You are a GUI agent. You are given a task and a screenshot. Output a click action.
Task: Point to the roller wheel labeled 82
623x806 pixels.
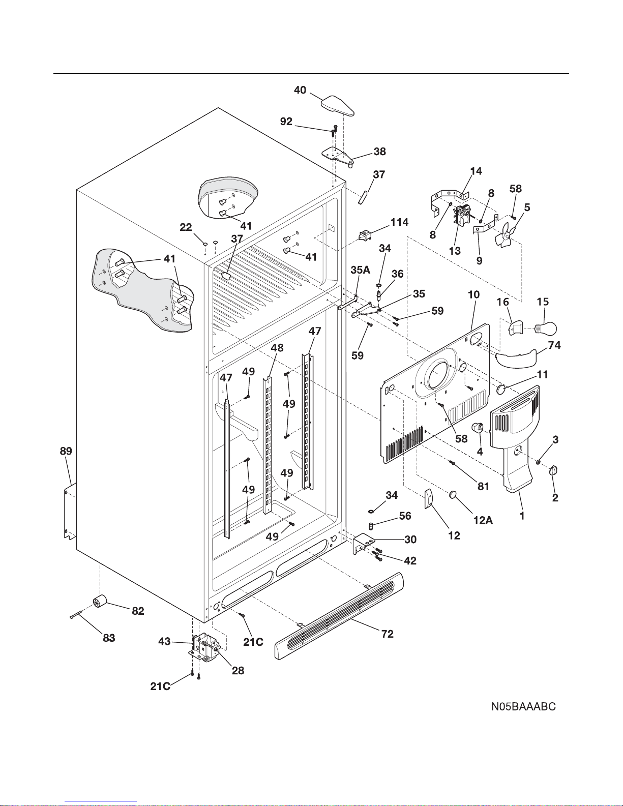(x=101, y=602)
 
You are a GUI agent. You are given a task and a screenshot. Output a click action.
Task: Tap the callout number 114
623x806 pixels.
(x=399, y=222)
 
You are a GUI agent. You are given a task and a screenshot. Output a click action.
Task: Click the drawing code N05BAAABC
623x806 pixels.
(x=523, y=706)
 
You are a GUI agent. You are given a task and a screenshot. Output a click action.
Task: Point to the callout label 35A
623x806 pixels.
(x=360, y=270)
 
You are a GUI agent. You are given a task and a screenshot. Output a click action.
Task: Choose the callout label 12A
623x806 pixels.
(x=483, y=520)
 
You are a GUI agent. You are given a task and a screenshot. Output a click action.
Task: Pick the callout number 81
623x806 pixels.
(x=483, y=486)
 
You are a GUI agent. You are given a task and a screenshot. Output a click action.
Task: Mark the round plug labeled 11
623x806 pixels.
(x=501, y=390)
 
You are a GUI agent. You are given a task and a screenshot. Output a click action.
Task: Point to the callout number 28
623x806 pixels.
(x=238, y=670)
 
